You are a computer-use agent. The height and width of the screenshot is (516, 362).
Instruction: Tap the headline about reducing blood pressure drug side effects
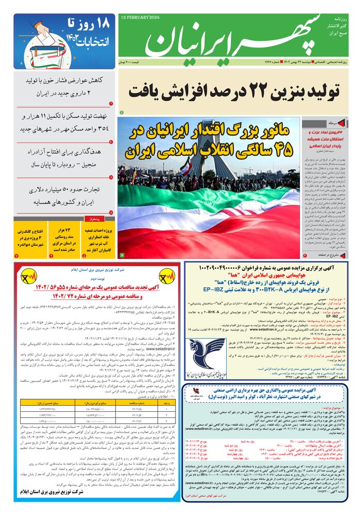tap(61, 86)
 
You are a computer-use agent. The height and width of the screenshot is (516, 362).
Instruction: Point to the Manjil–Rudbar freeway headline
tap(61, 158)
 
